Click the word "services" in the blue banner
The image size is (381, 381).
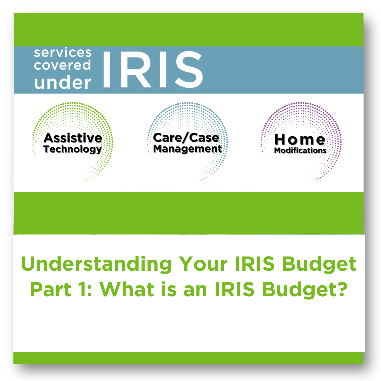tap(63, 52)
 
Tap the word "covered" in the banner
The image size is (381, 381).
tap(63, 65)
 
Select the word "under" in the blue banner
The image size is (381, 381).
tap(63, 82)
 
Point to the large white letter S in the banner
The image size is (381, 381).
tap(189, 69)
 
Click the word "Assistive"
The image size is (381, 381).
tap(73, 138)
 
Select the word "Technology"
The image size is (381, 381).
tap(73, 149)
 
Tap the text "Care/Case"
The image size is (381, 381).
tap(186, 138)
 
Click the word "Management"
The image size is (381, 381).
tap(187, 149)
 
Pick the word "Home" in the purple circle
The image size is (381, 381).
tap(300, 140)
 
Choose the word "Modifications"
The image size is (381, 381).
tap(300, 150)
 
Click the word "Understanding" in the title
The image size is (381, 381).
tap(97, 264)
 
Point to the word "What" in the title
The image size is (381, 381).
tap(127, 289)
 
